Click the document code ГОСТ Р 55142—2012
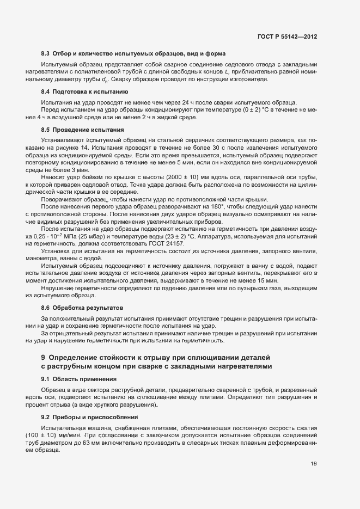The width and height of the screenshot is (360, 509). coord(287,36)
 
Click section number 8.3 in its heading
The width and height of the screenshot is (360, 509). coord(45,54)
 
